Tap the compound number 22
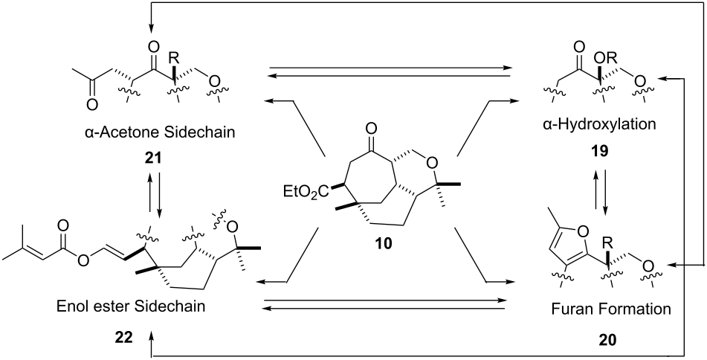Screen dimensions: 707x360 point(123,337)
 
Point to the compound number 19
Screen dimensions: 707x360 point(600,151)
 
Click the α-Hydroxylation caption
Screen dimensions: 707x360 point(599,124)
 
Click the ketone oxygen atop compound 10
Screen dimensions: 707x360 point(371,131)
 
